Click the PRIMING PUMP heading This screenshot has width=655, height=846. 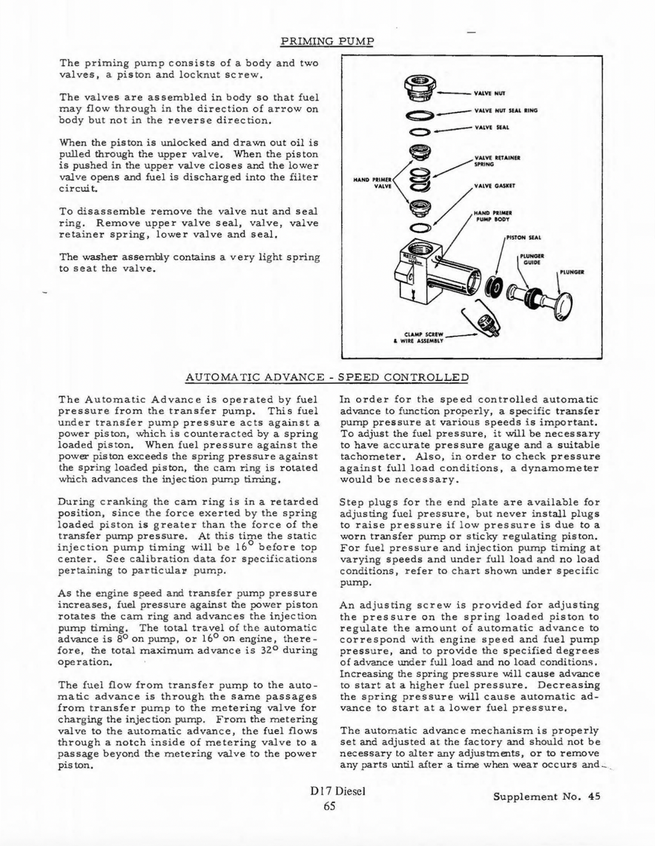[327, 42]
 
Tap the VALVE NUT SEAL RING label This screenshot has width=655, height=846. [505, 110]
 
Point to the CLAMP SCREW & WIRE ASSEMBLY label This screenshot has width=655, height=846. [419, 337]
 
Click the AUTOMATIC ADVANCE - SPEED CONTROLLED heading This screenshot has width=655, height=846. [327, 377]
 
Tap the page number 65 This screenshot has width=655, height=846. [329, 805]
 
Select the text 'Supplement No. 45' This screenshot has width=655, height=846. [547, 796]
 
